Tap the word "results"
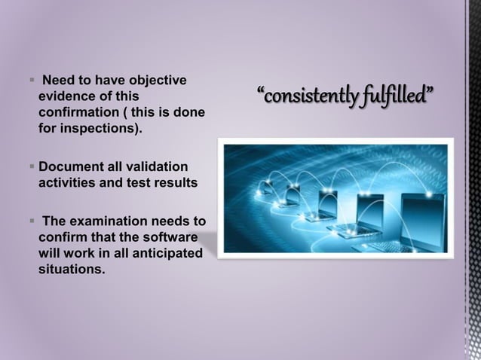174,182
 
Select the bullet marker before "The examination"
32,221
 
